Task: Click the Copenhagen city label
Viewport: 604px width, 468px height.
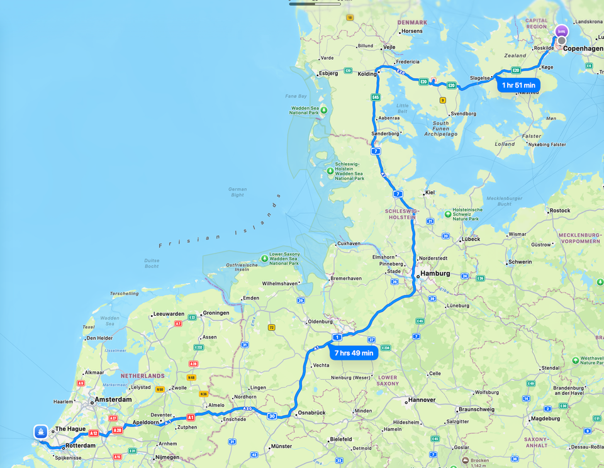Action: click(583, 48)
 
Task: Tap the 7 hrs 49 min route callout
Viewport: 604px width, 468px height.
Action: click(354, 353)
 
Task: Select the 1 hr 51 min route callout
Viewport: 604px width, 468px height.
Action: click(518, 85)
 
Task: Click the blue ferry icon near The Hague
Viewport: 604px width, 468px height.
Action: click(41, 432)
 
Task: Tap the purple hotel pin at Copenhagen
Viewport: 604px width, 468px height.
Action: click(562, 31)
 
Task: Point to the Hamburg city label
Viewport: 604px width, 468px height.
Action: click(436, 274)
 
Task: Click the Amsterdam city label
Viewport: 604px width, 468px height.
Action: click(113, 399)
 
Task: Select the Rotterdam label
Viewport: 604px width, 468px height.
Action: click(80, 446)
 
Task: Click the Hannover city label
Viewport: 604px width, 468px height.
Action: click(422, 400)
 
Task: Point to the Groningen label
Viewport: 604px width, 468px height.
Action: click(216, 313)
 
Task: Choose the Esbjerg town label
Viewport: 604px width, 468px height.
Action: click(328, 73)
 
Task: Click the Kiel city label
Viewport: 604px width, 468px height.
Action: click(430, 192)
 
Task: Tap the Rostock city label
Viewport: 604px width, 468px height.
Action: click(559, 211)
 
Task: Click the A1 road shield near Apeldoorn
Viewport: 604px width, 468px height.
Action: click(191, 417)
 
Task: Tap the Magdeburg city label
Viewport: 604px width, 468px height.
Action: click(545, 418)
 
